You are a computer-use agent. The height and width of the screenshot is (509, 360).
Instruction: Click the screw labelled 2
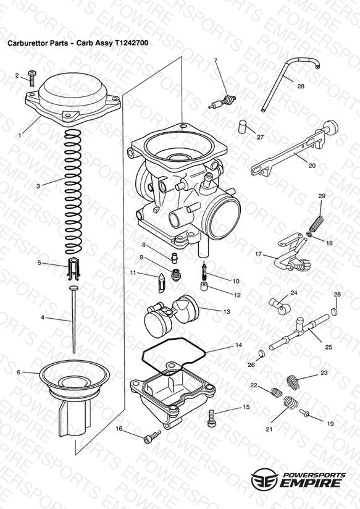tap(32, 78)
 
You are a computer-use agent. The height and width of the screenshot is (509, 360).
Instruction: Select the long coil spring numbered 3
tap(73, 192)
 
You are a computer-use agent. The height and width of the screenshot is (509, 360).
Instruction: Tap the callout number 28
tap(301, 86)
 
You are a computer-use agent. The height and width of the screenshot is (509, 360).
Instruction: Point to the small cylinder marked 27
tap(243, 127)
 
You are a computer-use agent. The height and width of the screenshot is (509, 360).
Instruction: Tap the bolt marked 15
tap(211, 418)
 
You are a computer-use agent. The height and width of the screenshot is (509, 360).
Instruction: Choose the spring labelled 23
tap(293, 381)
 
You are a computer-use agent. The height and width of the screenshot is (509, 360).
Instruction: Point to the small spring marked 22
tap(277, 392)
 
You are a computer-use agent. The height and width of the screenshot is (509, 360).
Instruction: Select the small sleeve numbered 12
tap(204, 287)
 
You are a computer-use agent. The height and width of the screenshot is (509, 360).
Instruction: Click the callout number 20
tap(312, 166)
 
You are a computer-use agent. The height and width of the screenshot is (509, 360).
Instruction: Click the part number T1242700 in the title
tap(132, 43)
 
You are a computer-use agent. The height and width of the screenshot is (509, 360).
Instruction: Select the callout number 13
tap(227, 311)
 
